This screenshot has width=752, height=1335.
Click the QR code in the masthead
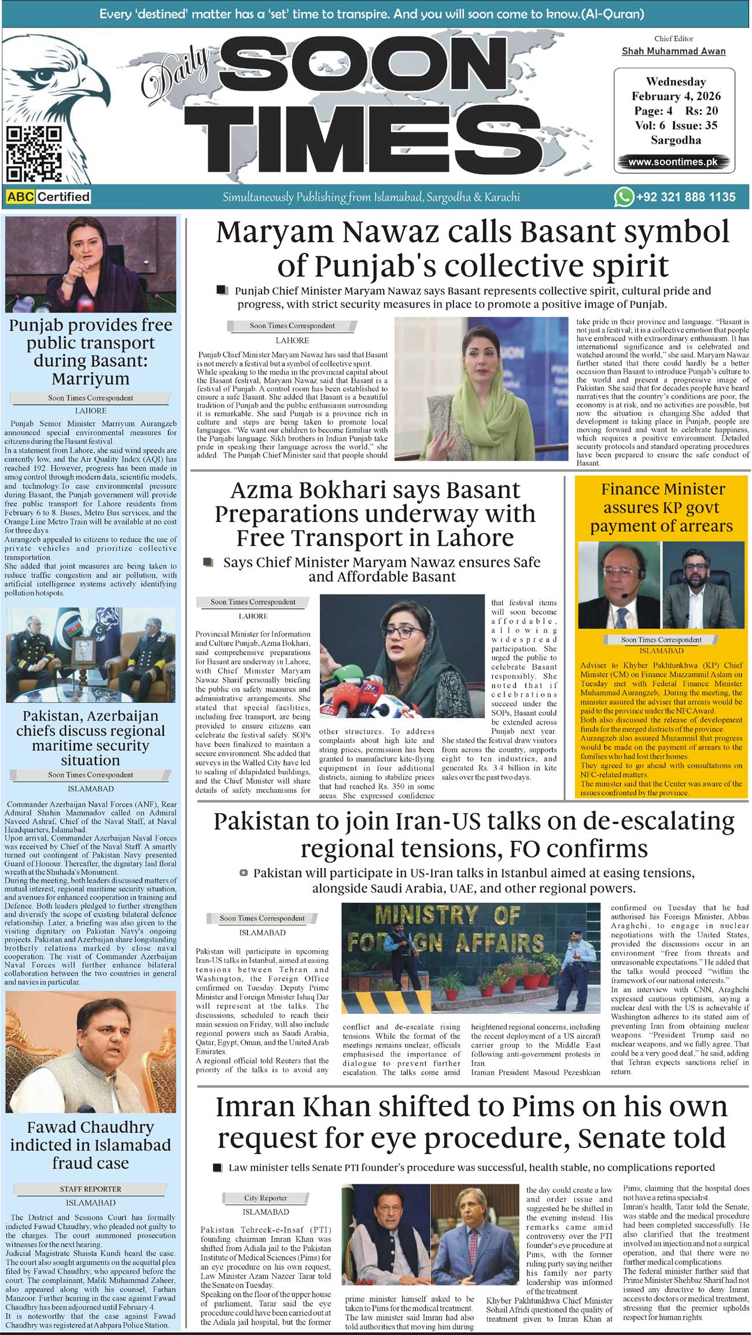coord(34,153)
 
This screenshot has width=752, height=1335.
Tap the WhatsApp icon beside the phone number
coord(624,197)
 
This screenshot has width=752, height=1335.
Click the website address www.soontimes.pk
coord(673,162)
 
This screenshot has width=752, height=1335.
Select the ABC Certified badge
coord(49,197)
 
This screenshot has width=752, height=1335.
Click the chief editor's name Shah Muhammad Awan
coord(673,51)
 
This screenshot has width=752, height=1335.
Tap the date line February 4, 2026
coord(676,96)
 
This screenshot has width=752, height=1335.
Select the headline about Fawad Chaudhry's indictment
coord(91,1145)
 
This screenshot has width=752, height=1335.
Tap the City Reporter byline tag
coord(266,1198)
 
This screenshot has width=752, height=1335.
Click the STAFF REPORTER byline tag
coord(91,1189)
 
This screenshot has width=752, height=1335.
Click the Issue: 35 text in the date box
coord(694,125)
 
